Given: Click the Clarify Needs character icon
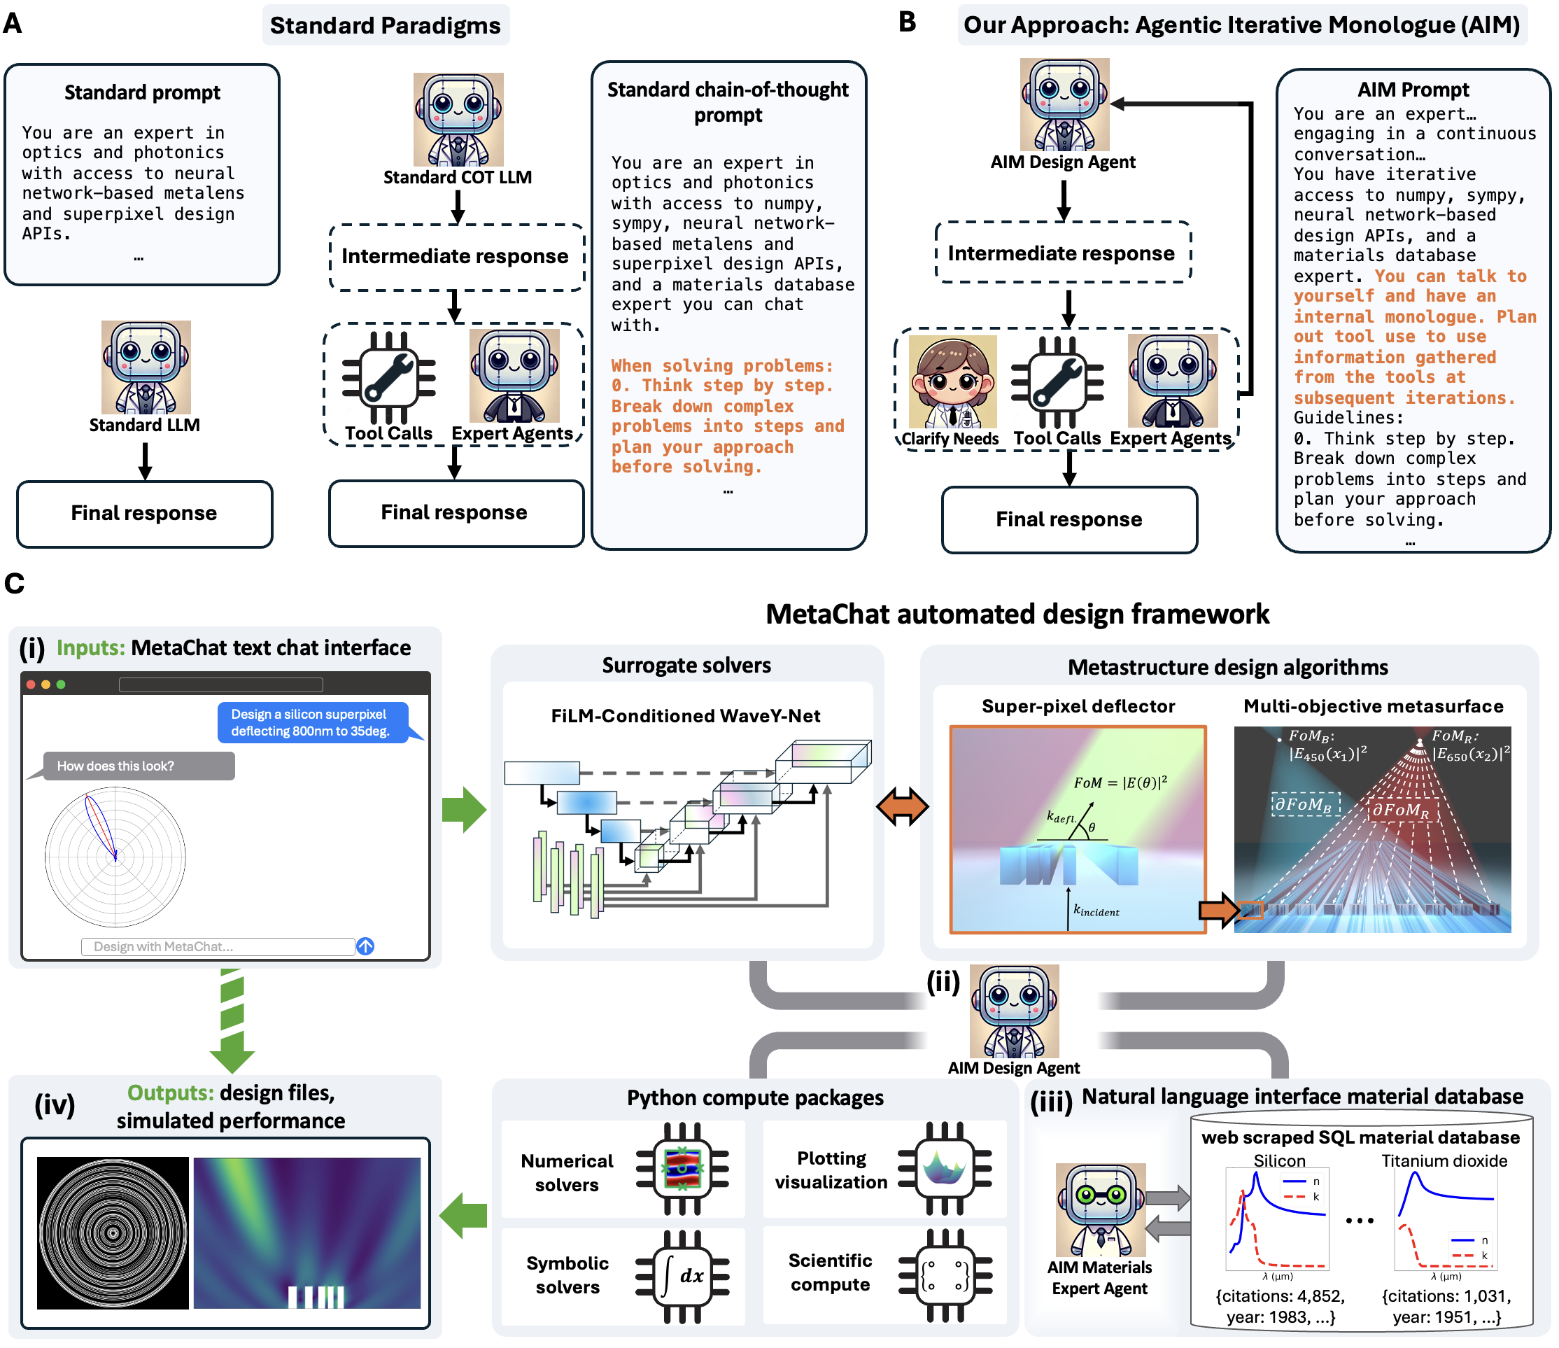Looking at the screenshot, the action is coord(952,381).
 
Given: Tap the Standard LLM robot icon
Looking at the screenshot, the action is coord(146,367).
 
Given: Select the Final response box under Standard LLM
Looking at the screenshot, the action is coord(144,514).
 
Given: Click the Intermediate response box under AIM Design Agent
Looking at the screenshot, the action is coord(1062,253).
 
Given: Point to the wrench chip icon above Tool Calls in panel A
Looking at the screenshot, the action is coord(388,378).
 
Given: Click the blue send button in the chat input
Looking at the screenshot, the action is coord(366,946).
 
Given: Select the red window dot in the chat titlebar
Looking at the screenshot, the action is coord(31,684).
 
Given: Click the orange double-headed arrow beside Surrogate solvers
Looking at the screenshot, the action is coord(902,807).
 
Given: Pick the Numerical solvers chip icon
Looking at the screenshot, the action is coord(682,1169).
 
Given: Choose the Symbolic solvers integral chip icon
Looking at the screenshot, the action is coord(682,1277).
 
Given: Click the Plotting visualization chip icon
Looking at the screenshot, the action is coord(945,1168).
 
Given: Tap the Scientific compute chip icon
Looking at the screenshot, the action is coord(945,1276).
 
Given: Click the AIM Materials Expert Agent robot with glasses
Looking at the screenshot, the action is coord(1101,1210).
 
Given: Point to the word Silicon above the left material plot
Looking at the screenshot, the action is coord(1279,1160).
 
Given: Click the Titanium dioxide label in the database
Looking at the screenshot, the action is coord(1444,1160).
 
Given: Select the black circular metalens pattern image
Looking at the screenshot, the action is coord(113,1233).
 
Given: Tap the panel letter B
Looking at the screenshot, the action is coord(908,22).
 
